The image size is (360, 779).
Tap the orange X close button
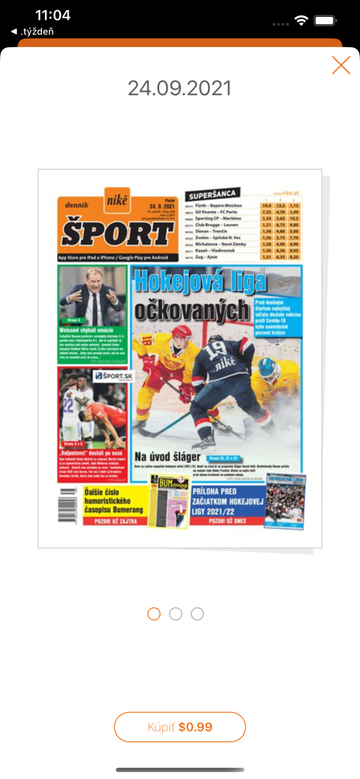tap(341, 65)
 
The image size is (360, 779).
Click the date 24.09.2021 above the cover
tap(180, 88)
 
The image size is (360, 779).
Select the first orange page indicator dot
tap(154, 613)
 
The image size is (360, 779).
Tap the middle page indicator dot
tap(176, 613)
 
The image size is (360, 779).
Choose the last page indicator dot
tap(197, 613)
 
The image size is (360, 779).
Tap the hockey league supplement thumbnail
tap(285, 501)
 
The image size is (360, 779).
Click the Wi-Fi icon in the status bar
tap(302, 21)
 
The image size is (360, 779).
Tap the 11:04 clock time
tap(53, 16)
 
